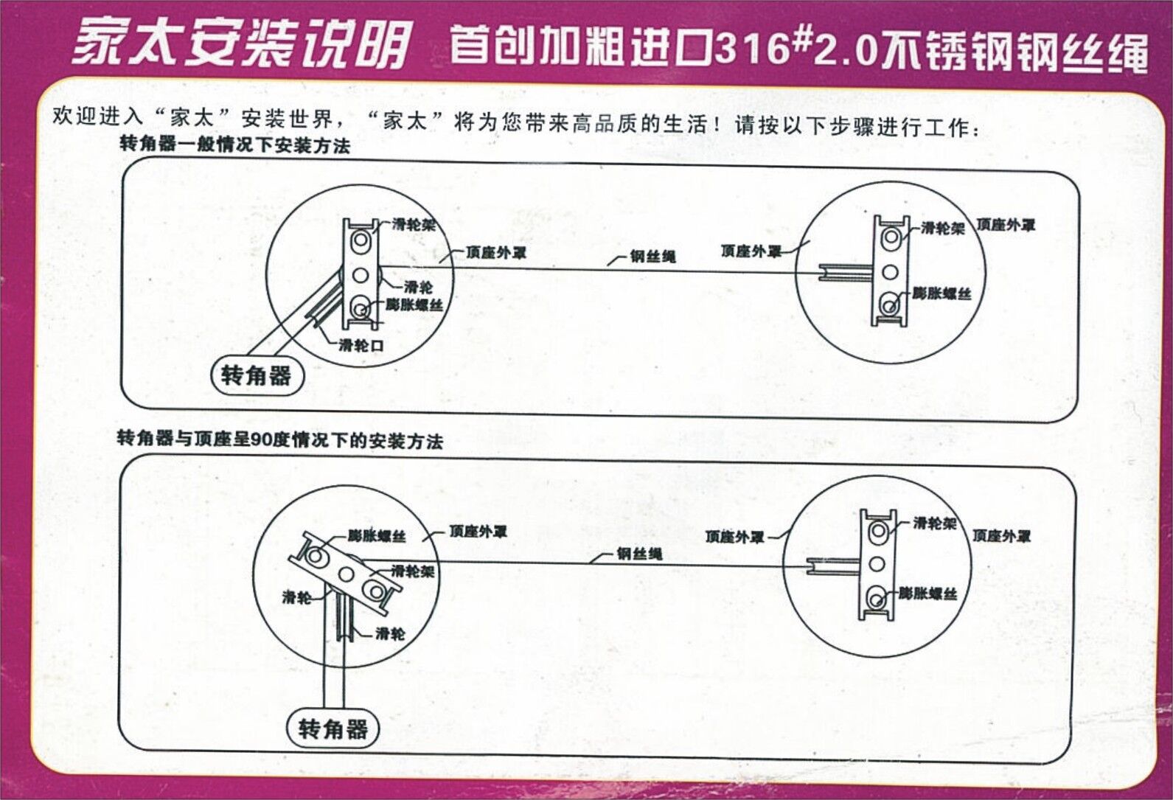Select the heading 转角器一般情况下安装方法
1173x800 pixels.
coord(234,145)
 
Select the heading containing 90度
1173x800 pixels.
coord(280,441)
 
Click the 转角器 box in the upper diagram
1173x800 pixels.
coord(256,377)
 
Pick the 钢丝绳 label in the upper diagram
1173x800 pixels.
coord(652,257)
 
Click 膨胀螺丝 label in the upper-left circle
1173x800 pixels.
coord(414,305)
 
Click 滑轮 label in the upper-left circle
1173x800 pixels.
coord(418,287)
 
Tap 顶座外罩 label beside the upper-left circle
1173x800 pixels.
coord(495,253)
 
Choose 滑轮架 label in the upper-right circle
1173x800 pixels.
coord(942,228)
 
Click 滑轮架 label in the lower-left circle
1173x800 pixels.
coord(413,571)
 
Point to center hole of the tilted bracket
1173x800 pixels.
coord(346,574)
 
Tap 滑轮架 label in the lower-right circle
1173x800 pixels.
coord(934,524)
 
